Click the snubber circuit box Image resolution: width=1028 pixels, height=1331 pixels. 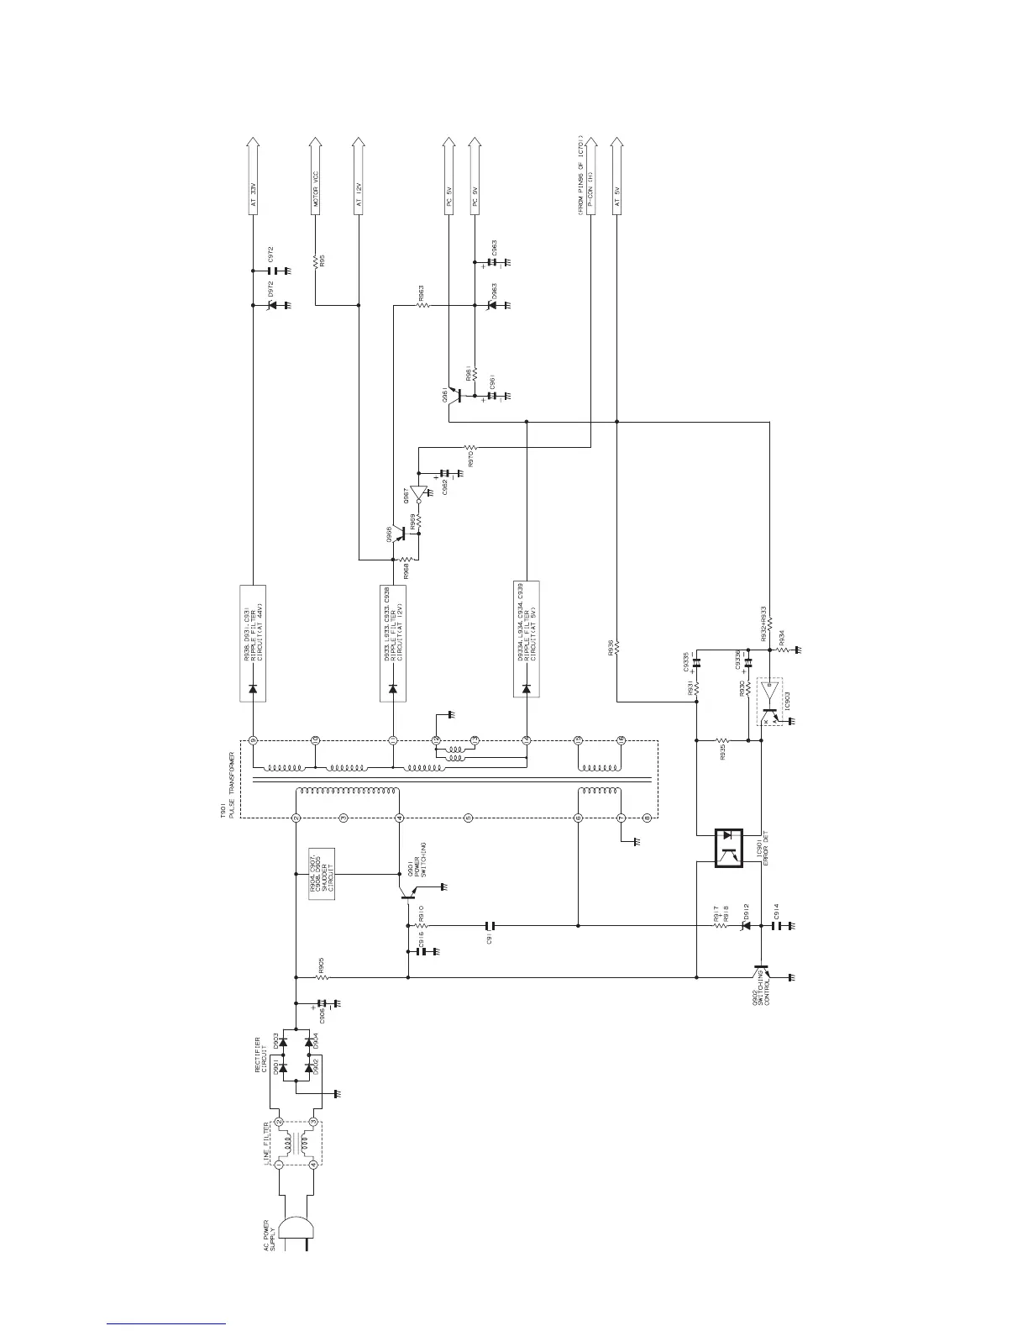pos(322,874)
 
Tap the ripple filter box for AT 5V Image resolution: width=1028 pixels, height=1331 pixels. pos(527,639)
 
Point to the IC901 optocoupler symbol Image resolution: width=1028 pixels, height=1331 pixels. pos(728,848)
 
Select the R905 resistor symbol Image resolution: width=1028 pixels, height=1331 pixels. pos(321,977)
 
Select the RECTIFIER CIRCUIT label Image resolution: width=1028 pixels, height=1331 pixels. pos(262,1055)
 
